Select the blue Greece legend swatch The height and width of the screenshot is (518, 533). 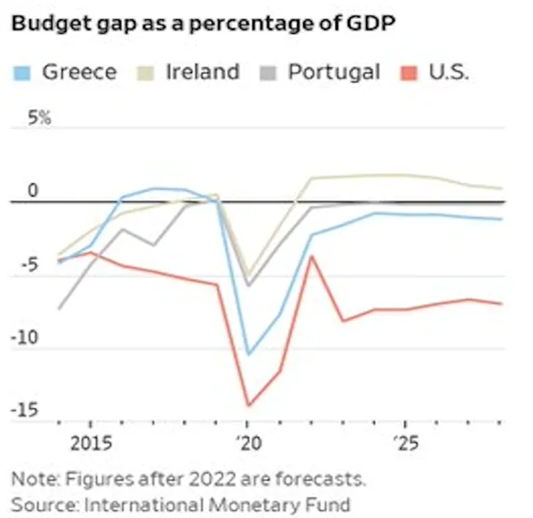tap(23, 73)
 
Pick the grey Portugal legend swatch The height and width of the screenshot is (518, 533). tap(270, 73)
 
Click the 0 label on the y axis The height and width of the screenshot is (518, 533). tap(32, 191)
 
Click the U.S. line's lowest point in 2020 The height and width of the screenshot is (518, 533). tap(248, 405)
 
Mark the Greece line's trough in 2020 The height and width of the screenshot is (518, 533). tap(248, 354)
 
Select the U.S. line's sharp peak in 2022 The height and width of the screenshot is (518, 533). tap(311, 256)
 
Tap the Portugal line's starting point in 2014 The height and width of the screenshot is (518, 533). tap(59, 309)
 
